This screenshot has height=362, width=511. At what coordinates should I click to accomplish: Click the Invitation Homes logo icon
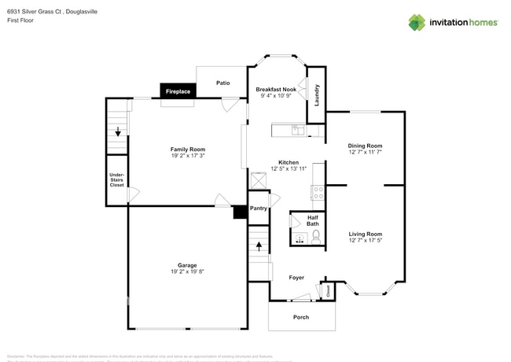click(416, 22)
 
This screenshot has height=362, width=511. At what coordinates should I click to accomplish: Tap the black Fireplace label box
click(178, 91)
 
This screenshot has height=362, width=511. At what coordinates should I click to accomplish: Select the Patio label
click(223, 82)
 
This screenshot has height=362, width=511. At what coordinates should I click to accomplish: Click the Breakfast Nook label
click(275, 90)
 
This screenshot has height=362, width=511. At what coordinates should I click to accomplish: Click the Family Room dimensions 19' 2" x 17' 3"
click(188, 156)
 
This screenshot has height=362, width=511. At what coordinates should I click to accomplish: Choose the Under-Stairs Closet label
click(116, 179)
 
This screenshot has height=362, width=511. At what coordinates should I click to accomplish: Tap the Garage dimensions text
click(187, 271)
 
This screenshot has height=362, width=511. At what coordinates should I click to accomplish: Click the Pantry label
click(259, 209)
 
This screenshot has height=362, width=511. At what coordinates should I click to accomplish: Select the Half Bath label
click(312, 220)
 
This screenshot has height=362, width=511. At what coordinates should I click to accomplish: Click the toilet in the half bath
click(316, 236)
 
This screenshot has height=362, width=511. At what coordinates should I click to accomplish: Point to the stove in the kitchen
click(318, 191)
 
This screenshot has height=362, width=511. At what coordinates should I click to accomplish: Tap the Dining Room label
click(365, 146)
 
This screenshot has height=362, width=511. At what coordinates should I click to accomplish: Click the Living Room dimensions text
click(366, 240)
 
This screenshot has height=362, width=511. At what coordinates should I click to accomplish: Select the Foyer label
click(296, 278)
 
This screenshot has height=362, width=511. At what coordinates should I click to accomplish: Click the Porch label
click(301, 317)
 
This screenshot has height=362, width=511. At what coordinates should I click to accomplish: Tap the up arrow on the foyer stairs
click(259, 246)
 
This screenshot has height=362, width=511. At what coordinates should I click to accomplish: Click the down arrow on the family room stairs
click(118, 131)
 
